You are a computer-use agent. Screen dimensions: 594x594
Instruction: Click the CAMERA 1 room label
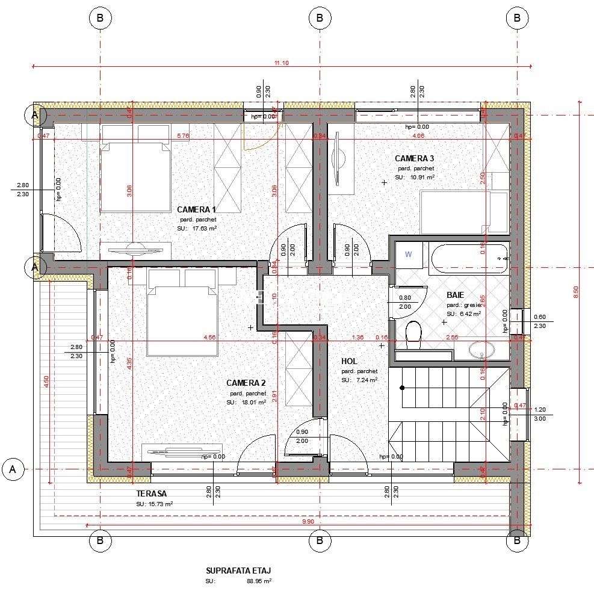pyautogui.click(x=196, y=209)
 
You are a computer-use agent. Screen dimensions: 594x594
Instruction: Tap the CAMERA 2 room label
pyautogui.click(x=246, y=383)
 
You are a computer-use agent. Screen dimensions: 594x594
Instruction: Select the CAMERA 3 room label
pyautogui.click(x=414, y=158)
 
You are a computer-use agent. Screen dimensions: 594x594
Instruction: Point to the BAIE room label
pyautogui.click(x=455, y=295)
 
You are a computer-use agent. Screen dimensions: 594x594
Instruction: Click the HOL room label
pyautogui.click(x=350, y=361)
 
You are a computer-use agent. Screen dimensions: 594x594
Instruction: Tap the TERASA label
pyautogui.click(x=151, y=493)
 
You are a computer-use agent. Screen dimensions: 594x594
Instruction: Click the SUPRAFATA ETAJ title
pyautogui.click(x=234, y=571)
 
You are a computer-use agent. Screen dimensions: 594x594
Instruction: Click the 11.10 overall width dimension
pyautogui.click(x=282, y=63)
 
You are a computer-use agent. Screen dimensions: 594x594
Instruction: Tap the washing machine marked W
pyautogui.click(x=409, y=255)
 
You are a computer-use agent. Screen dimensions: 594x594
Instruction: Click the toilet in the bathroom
pyautogui.click(x=413, y=334)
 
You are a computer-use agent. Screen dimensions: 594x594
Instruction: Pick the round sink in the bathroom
pyautogui.click(x=482, y=350)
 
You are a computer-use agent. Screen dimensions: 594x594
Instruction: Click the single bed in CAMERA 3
pyautogui.click(x=463, y=212)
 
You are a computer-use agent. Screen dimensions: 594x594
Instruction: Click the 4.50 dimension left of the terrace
pyautogui.click(x=46, y=383)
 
